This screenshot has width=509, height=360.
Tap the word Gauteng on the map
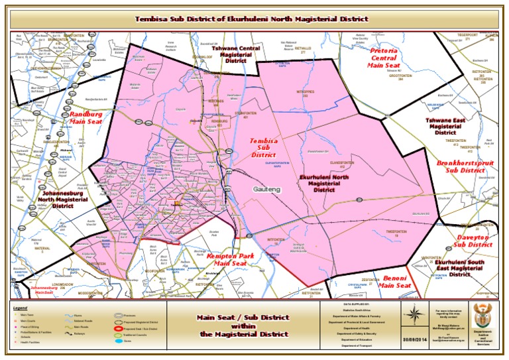266,190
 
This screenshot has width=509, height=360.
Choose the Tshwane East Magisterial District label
445,126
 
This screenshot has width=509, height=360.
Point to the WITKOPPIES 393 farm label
305,94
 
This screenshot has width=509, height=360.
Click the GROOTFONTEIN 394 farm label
396,75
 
